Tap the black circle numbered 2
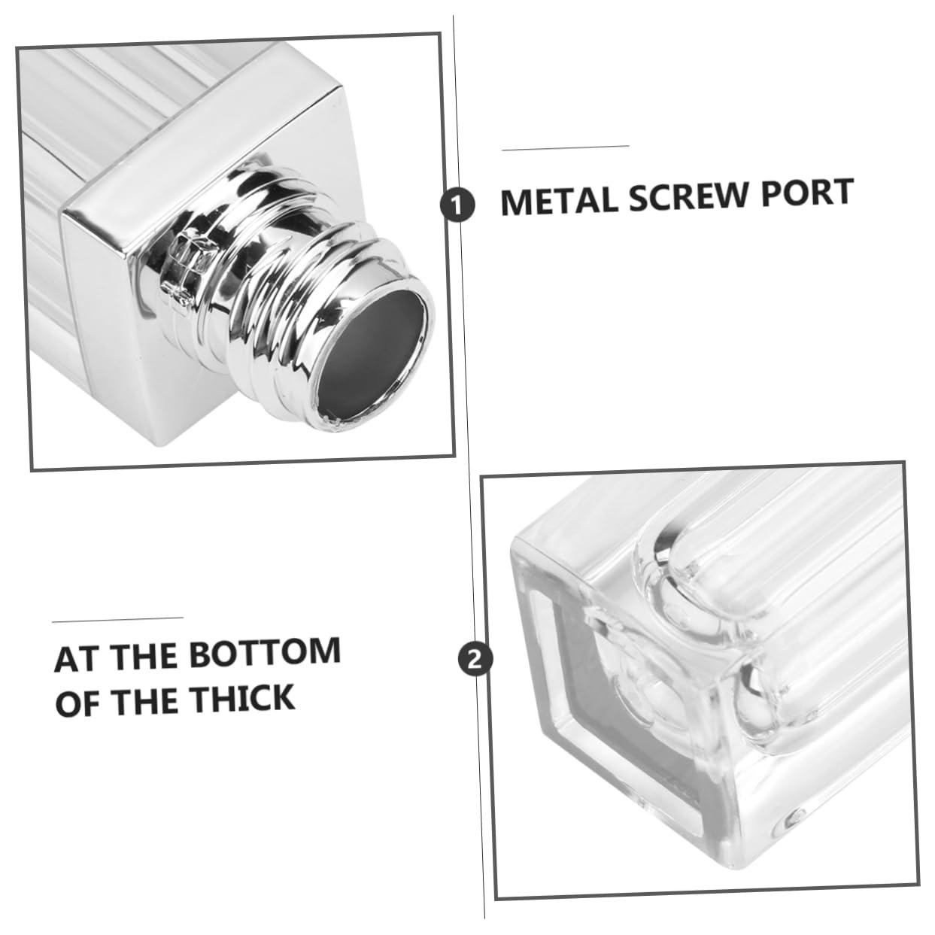click(x=475, y=660)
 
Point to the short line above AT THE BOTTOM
click(x=117, y=620)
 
